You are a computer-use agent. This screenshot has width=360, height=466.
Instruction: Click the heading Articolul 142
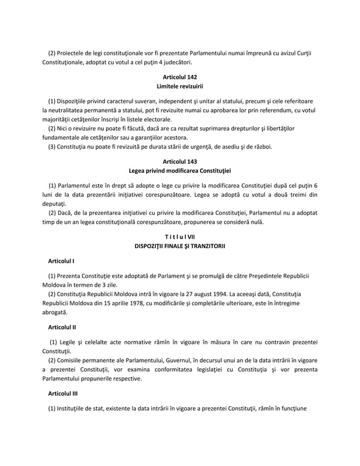tap(179, 76)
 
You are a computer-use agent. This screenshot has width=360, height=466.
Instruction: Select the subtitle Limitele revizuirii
tap(179, 86)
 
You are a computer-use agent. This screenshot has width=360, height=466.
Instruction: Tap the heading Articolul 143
tap(179, 161)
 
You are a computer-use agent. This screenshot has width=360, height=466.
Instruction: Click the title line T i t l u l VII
tap(179, 236)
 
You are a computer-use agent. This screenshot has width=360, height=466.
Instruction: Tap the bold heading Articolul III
tap(63, 402)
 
